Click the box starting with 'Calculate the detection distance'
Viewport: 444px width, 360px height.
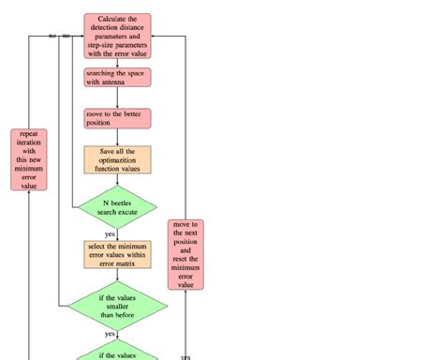click(x=117, y=36)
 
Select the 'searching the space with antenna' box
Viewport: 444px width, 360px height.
click(x=117, y=78)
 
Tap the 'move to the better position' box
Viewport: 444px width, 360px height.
click(x=117, y=118)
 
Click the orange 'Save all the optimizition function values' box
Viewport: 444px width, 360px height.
click(x=117, y=159)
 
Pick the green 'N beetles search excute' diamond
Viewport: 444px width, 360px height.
click(x=117, y=207)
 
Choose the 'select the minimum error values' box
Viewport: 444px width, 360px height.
click(x=117, y=254)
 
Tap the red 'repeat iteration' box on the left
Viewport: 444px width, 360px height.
click(x=29, y=159)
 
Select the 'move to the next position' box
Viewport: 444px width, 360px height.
click(x=185, y=254)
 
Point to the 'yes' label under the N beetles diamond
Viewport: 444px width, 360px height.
click(x=111, y=234)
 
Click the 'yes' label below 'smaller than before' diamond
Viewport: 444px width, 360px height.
click(x=111, y=333)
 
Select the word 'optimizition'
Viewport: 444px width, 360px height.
click(x=117, y=159)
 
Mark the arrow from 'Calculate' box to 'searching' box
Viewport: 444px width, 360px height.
click(x=117, y=63)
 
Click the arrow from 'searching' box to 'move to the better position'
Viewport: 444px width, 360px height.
click(x=117, y=98)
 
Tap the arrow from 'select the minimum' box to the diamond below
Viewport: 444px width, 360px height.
click(x=117, y=274)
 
